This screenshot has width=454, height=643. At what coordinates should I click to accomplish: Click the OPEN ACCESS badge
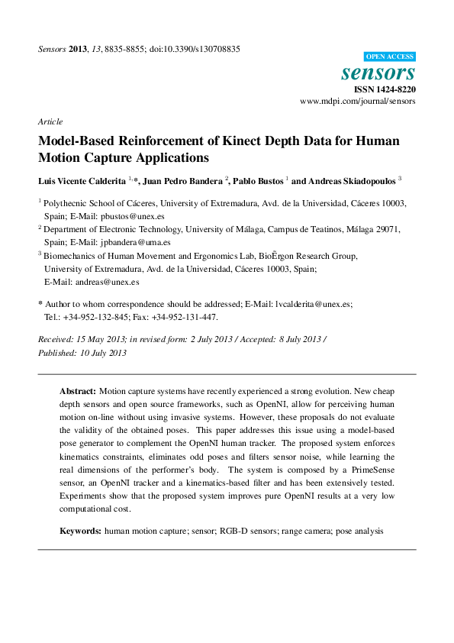point(389,57)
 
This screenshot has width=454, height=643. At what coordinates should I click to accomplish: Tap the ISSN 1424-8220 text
point(385,89)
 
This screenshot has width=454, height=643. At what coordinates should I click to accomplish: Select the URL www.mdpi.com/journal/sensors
point(358,101)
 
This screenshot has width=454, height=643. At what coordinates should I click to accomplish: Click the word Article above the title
point(50,121)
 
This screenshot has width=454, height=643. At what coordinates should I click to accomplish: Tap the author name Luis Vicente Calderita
point(82,180)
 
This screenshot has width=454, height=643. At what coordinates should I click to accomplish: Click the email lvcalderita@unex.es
point(313,303)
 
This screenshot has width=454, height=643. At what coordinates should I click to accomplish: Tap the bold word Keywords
point(80,530)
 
